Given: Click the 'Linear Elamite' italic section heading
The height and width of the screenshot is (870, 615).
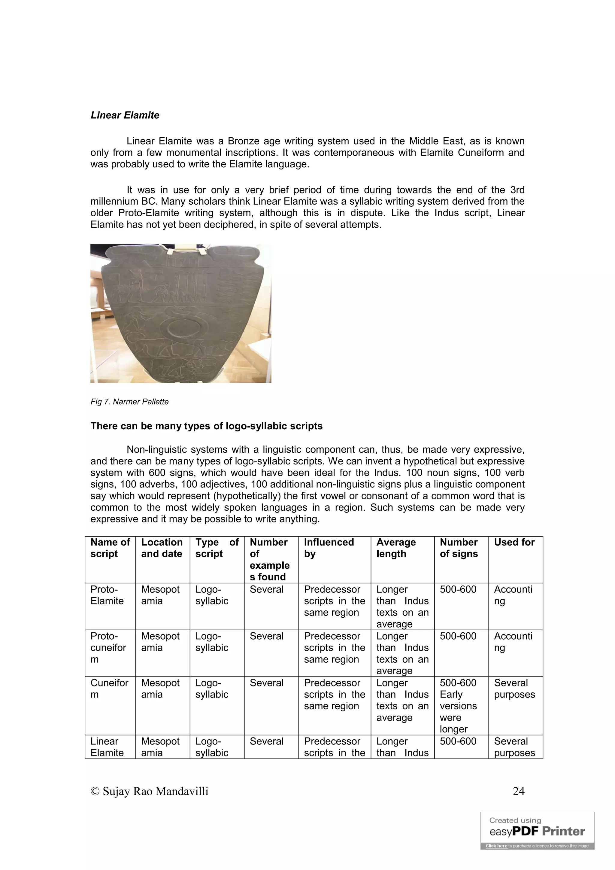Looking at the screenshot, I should [125, 115].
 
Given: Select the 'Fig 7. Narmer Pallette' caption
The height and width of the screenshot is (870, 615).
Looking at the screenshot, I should [129, 402].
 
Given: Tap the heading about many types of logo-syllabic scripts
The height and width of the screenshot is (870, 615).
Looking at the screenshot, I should [206, 426].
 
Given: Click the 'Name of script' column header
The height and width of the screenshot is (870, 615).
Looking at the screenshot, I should [110, 548].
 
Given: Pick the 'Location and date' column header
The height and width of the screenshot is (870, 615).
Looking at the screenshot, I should [162, 548].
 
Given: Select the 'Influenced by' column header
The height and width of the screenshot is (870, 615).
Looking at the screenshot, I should [329, 548].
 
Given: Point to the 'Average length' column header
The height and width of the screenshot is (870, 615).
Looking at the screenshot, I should [396, 548].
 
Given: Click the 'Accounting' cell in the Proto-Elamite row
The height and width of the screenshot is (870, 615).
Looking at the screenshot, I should [513, 595].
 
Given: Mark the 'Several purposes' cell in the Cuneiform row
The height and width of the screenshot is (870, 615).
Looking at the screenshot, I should [514, 689].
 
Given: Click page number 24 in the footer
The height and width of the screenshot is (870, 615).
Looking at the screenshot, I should [518, 791].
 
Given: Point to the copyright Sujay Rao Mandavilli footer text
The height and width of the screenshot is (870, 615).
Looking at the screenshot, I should [150, 791].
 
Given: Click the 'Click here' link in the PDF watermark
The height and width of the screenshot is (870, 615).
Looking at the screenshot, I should [496, 846].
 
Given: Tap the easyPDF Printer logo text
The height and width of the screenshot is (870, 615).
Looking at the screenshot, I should [537, 832].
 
